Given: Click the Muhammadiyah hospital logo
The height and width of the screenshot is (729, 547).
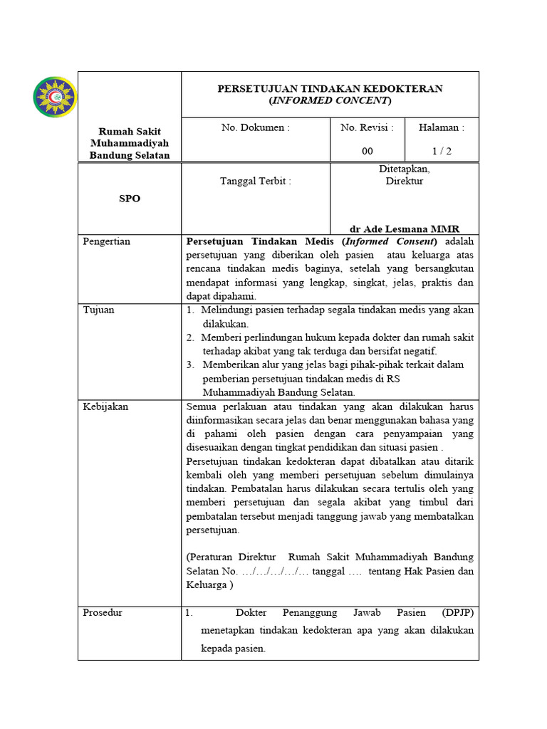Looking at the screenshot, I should (55, 97).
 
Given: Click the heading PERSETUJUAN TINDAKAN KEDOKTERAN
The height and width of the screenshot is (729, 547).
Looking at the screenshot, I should (330, 88).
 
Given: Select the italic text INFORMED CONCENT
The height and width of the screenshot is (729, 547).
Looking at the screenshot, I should (330, 100).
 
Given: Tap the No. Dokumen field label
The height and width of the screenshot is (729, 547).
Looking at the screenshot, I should (256, 128).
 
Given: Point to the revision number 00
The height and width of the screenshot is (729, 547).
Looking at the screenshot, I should (367, 151).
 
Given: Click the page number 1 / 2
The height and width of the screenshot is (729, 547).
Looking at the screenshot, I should (441, 151).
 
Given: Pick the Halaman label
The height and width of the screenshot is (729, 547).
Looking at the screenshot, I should (441, 128).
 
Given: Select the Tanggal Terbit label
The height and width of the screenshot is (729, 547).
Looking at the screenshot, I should (256, 181).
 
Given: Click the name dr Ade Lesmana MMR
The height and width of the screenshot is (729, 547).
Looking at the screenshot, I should (404, 229).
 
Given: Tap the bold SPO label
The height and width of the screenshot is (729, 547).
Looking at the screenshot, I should (129, 199).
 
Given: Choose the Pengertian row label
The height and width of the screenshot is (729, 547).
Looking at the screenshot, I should (107, 241).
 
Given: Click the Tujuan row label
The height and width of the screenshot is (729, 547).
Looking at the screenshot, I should (98, 310).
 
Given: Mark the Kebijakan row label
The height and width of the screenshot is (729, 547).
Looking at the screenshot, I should (105, 407).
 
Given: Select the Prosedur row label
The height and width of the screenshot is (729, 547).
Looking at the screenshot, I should (103, 612).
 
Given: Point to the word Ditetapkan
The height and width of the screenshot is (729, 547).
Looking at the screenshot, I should (404, 169).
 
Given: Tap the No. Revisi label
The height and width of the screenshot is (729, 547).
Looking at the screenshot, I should (367, 128).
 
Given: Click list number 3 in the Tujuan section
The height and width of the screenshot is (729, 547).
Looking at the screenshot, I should (191, 364).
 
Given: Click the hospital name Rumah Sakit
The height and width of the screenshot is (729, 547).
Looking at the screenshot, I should (129, 132).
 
